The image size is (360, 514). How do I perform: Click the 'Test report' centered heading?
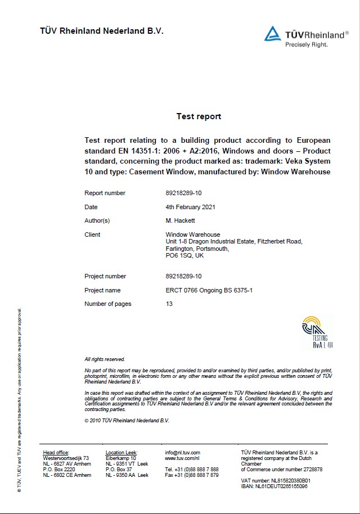pos(199,116)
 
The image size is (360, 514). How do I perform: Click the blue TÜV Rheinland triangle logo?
pos(273,34)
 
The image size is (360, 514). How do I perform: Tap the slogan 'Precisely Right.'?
pos(306,44)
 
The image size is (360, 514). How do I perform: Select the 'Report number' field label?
pos(105,193)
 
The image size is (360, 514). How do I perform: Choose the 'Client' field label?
pos(92,235)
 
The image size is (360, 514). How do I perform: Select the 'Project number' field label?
pos(105,276)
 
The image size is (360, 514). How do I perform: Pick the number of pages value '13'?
pos(169,304)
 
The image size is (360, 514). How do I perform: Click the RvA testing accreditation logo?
pos(318,332)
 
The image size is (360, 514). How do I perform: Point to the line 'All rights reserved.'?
pos(105,359)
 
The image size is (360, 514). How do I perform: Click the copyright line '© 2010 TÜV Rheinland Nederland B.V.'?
pos(127,420)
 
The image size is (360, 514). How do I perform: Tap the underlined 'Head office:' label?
pos(56,452)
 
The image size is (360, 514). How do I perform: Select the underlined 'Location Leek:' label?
pos(121,452)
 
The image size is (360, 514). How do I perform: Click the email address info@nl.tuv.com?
pos(182,452)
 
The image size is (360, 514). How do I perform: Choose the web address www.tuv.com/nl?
pos(179,458)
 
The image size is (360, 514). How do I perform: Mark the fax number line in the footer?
pos(192,475)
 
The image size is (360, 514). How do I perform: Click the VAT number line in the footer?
pos(276,481)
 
